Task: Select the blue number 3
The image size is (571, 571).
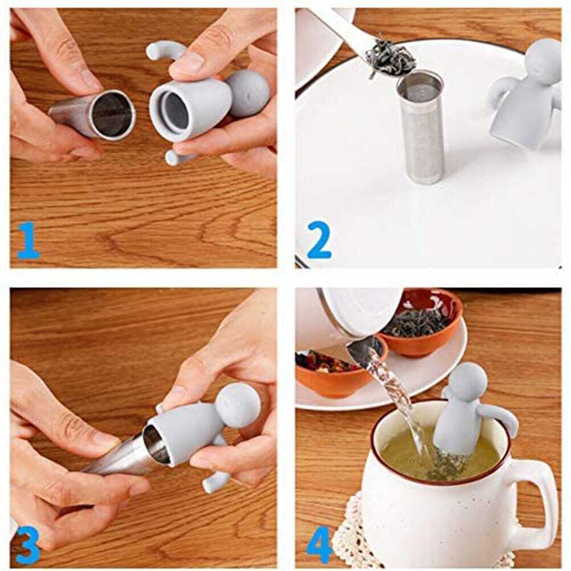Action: pos(28,544)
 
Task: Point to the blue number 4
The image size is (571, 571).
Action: pos(319,544)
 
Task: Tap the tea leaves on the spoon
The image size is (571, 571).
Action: pos(390,58)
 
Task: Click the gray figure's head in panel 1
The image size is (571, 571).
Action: pos(247,93)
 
